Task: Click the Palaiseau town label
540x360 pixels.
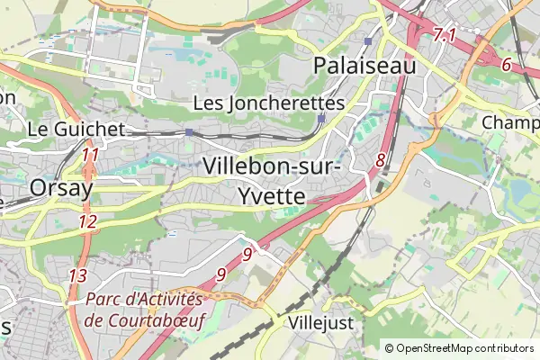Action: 364,66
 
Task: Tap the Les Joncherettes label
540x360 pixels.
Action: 269,103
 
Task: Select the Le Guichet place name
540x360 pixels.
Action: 76,130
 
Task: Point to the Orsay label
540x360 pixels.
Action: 61,187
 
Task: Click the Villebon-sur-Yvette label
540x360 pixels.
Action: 271,180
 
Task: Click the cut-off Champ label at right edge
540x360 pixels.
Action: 510,121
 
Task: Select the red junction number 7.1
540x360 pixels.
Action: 445,36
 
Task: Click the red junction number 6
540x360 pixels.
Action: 507,65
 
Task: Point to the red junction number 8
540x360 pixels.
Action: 381,160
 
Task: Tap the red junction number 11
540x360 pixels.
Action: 89,155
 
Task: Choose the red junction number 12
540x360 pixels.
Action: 87,221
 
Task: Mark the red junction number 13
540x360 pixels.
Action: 78,275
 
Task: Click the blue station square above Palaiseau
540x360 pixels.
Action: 368,41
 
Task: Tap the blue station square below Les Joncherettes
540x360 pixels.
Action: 322,118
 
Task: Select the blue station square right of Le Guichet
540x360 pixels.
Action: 189,132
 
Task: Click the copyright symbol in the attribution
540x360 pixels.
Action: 389,348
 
